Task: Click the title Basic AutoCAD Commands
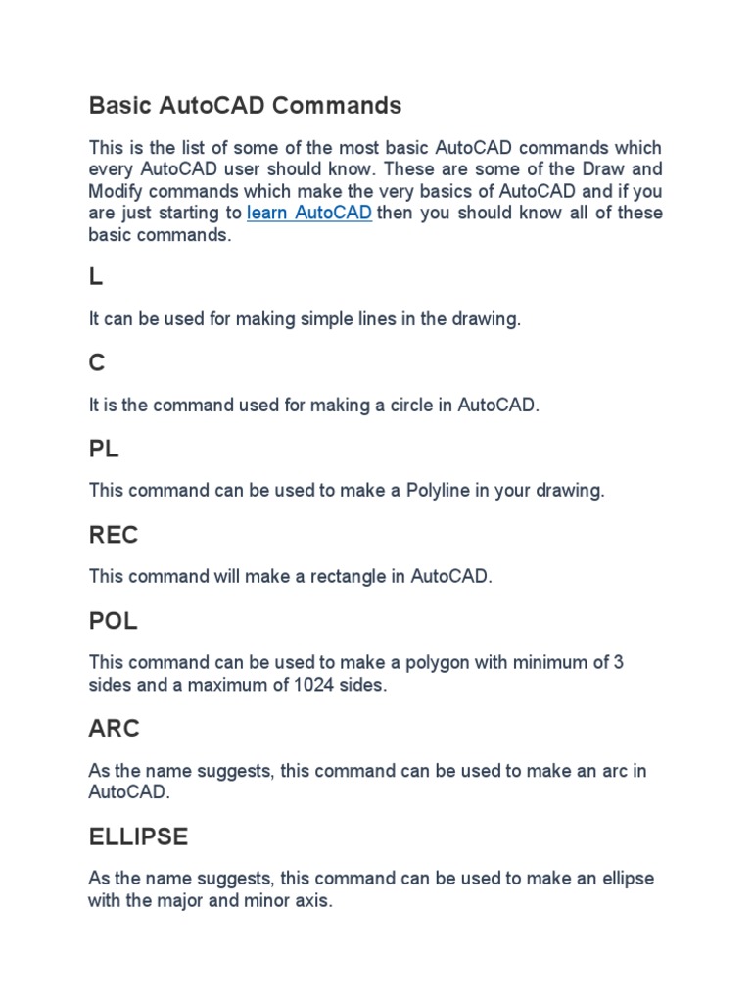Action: point(245,105)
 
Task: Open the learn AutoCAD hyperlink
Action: point(309,214)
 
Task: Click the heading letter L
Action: point(95,277)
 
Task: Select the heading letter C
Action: point(96,363)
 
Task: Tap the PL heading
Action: point(104,450)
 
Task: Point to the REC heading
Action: point(114,536)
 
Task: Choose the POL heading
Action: point(114,622)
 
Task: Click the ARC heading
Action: point(115,729)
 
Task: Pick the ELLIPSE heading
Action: point(138,837)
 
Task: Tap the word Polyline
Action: point(441,491)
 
